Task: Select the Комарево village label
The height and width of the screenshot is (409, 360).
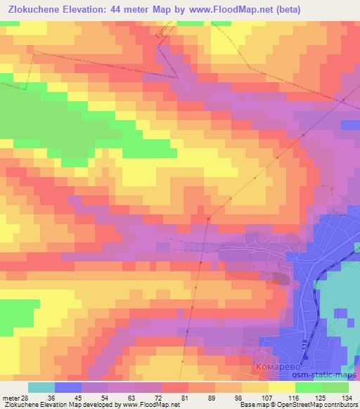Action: (277, 368)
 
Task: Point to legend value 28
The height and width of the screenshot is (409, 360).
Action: (25, 398)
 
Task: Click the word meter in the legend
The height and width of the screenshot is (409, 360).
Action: (10, 398)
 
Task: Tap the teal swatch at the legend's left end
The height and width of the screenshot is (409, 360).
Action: (41, 387)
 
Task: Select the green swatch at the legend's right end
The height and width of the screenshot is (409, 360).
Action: (335, 387)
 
